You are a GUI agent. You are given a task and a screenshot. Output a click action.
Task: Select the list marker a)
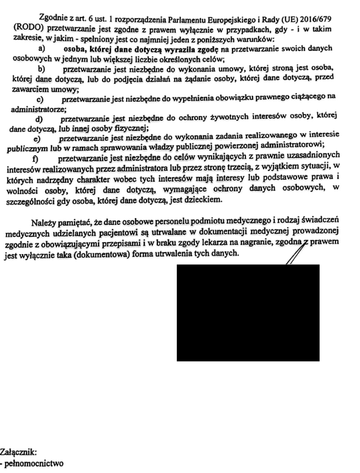tap(41, 49)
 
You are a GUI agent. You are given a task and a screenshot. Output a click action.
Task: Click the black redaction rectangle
tap(248, 312)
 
